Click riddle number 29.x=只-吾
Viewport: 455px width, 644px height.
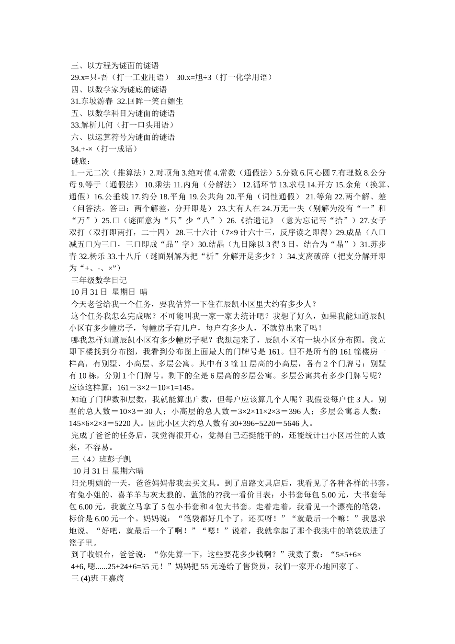[120, 77]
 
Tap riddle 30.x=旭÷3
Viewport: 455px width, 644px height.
[225, 77]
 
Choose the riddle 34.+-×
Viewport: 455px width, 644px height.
[104, 149]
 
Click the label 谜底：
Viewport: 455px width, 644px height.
[80, 161]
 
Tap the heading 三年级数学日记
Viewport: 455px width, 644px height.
[99, 280]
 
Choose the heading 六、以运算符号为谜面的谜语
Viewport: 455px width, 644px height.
[123, 137]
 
